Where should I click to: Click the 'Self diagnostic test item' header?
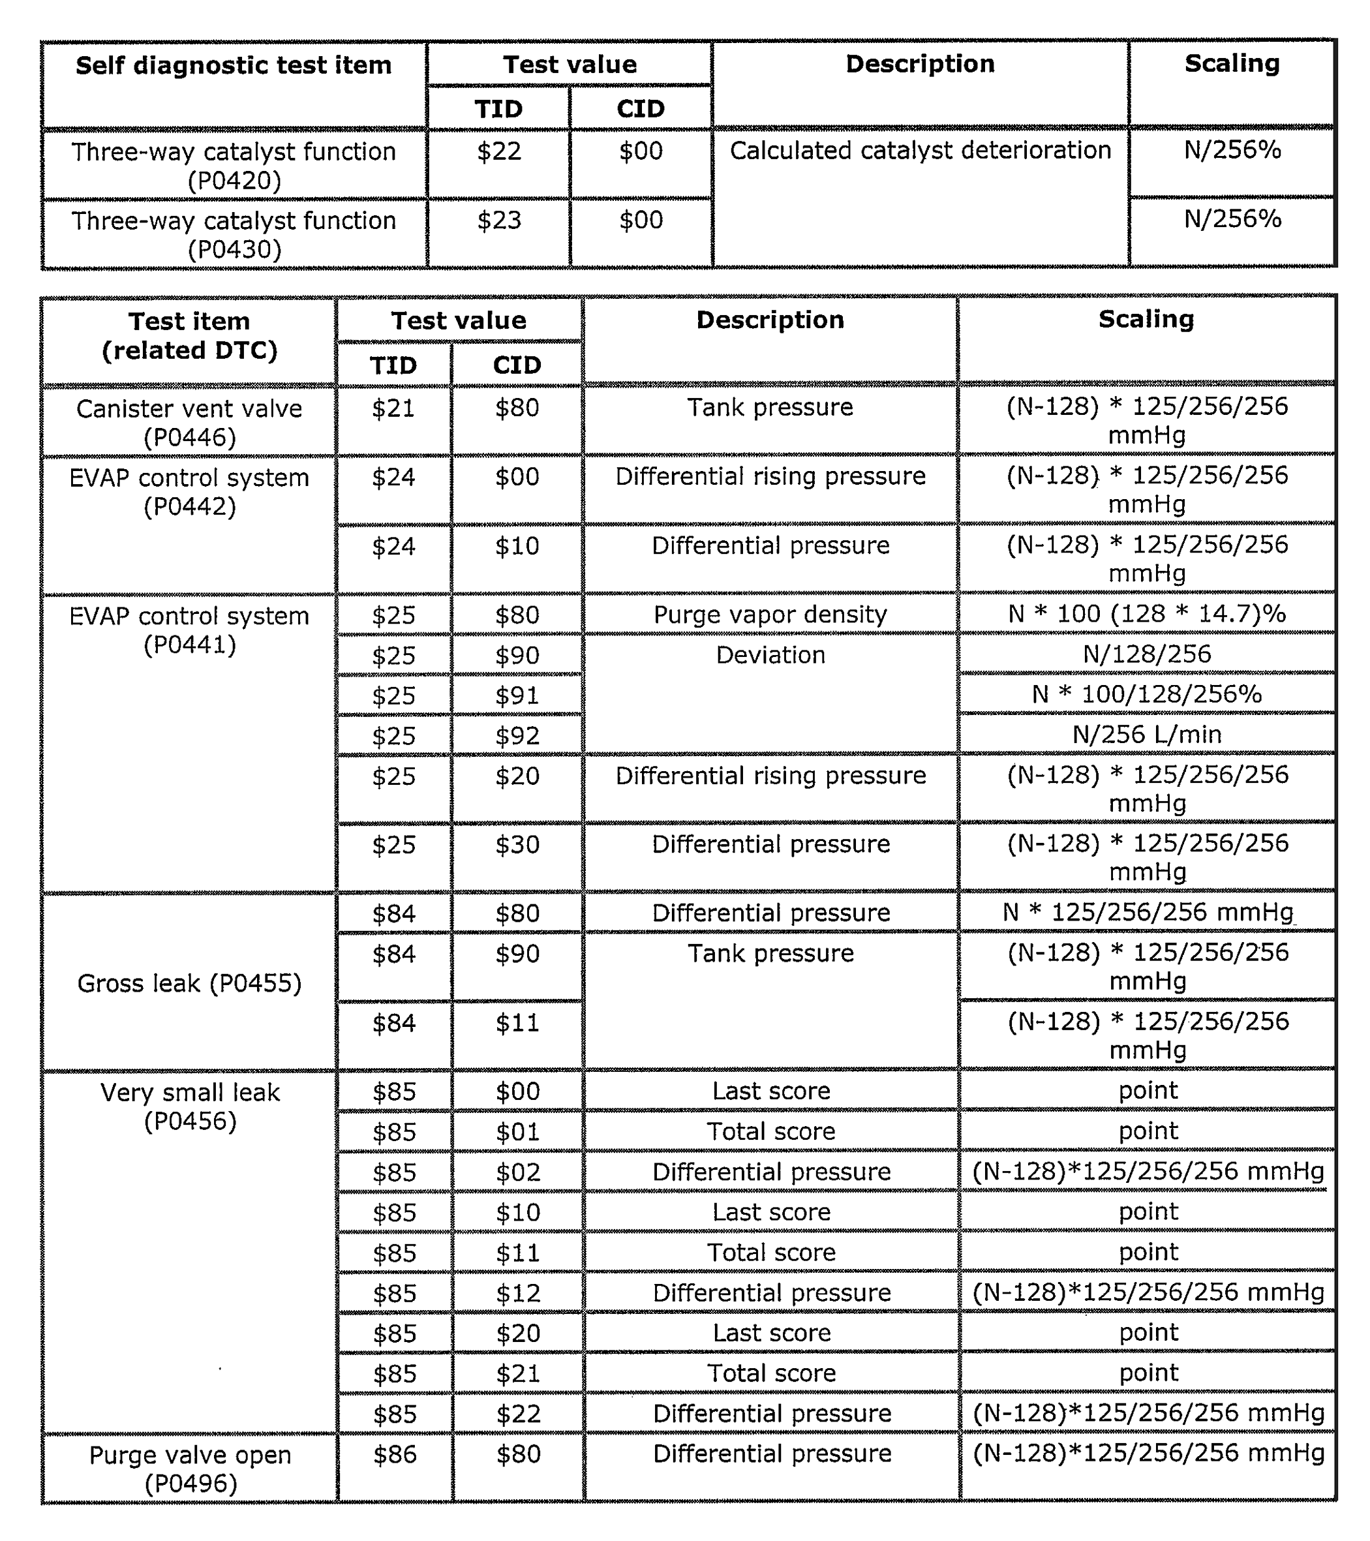[x=234, y=66]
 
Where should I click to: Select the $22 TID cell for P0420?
[x=498, y=151]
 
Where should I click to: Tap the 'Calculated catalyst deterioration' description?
[x=920, y=151]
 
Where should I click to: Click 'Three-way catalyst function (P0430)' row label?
[x=234, y=234]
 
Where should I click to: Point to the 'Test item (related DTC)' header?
[x=189, y=335]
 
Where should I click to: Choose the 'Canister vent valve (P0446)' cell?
[x=189, y=422]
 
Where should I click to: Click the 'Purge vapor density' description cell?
[x=770, y=615]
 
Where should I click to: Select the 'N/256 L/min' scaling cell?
[x=1147, y=735]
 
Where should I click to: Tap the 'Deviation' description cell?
[x=770, y=655]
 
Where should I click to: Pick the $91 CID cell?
[x=517, y=695]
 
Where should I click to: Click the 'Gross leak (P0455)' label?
[x=189, y=983]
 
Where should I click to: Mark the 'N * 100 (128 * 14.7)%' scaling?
[x=1147, y=614]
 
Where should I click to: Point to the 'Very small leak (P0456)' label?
[x=190, y=1106]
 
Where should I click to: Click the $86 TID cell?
[x=394, y=1454]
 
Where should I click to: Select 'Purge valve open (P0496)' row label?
[x=190, y=1469]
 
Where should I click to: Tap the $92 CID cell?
[x=517, y=736]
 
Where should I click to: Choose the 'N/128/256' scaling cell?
[x=1147, y=654]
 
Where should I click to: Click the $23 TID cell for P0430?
[x=498, y=220]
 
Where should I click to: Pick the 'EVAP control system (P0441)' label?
[x=189, y=630]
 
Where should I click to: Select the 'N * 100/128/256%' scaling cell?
[x=1147, y=694]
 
